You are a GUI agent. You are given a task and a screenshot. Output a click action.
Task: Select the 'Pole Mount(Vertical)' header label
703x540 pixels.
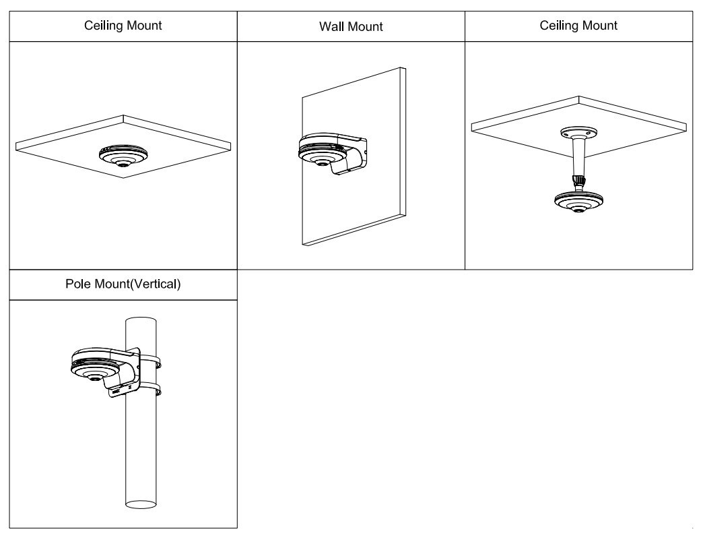[x=123, y=284]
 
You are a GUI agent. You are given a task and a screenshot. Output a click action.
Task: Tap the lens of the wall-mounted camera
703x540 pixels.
[x=322, y=162]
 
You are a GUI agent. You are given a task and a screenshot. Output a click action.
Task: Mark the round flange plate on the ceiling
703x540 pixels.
[x=577, y=131]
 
